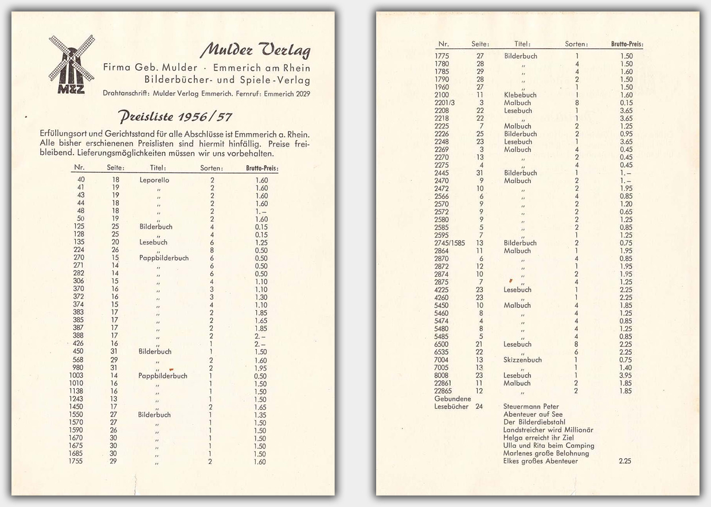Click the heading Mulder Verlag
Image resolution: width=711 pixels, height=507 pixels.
(x=255, y=51)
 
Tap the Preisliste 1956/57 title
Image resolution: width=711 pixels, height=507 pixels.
(x=175, y=117)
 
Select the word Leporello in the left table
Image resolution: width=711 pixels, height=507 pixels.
(x=154, y=180)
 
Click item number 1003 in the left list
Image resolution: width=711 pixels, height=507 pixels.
(x=76, y=376)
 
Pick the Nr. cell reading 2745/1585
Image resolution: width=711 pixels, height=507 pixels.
(x=450, y=243)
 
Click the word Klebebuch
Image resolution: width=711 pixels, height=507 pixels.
(x=520, y=95)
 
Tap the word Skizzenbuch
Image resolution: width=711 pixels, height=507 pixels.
(x=522, y=360)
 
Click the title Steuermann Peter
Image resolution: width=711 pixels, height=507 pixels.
(x=523, y=407)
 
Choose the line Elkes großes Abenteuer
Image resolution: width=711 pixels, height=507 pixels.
(x=540, y=461)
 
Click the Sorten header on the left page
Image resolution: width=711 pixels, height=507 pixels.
(x=212, y=168)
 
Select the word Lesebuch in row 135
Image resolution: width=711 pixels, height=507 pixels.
(x=153, y=242)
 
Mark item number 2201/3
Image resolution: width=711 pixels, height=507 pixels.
(x=446, y=103)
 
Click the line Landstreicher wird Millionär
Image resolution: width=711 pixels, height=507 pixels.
(x=548, y=429)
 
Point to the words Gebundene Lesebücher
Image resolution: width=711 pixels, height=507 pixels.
(x=452, y=402)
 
